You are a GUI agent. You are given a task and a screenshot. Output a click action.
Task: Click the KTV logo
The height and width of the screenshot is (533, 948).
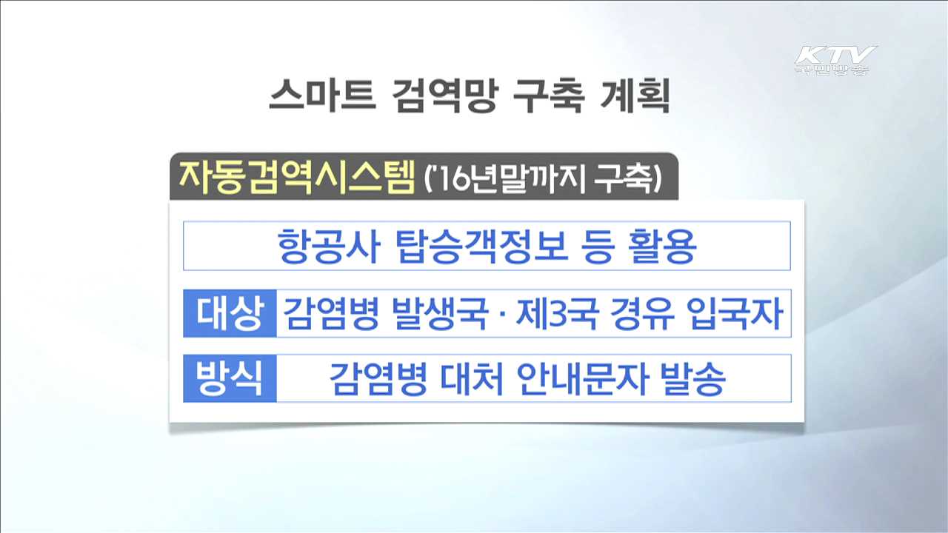(835, 59)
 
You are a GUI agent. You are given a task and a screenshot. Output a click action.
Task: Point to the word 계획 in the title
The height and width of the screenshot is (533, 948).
(635, 97)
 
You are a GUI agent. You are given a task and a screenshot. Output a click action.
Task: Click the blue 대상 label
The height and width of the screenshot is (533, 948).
(230, 314)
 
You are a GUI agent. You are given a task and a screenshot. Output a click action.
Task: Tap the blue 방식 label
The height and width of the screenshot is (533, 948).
(230, 379)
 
